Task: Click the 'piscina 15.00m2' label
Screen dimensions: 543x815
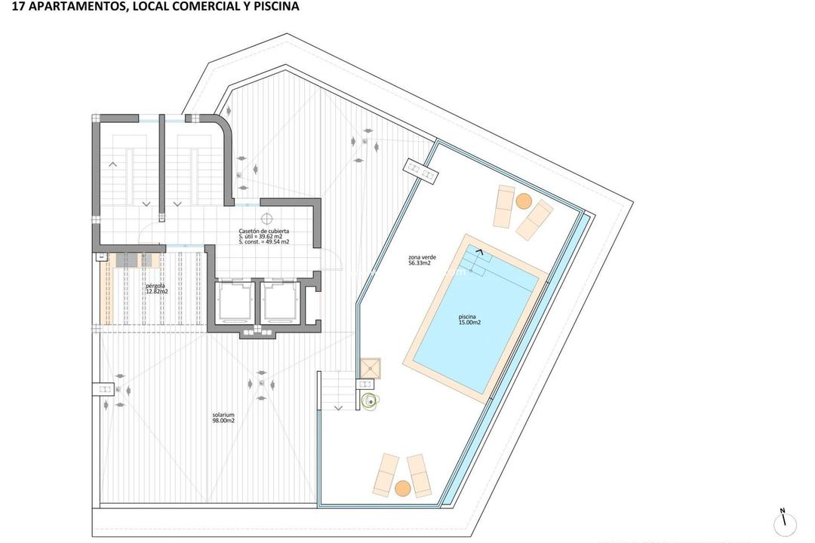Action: [x=469, y=320]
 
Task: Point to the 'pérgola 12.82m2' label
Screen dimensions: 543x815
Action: [x=157, y=288]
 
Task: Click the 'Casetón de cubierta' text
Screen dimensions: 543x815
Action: [x=263, y=232]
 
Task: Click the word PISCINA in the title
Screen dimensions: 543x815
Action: [x=277, y=7]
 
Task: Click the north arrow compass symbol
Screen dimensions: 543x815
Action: [x=784, y=521]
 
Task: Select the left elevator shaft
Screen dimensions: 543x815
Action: [x=235, y=301]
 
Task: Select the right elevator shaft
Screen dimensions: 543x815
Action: [x=279, y=301]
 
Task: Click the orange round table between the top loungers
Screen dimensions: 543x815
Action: [x=524, y=201]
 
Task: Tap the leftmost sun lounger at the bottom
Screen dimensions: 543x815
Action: [x=386, y=474]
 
